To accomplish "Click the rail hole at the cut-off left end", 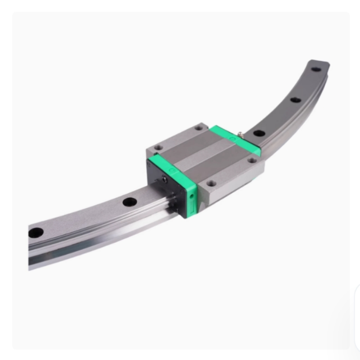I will coord(36,233).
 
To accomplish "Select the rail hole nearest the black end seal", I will coord(130,202).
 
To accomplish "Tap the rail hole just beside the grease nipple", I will coord(258,133).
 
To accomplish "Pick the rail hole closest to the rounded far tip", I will coord(316,69).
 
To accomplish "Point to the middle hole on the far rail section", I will coord(295,100).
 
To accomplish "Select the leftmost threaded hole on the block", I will coord(157,147).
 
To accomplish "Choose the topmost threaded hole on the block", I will coord(198,128).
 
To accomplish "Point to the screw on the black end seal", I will coord(165,180).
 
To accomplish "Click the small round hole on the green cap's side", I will coord(192,197).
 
